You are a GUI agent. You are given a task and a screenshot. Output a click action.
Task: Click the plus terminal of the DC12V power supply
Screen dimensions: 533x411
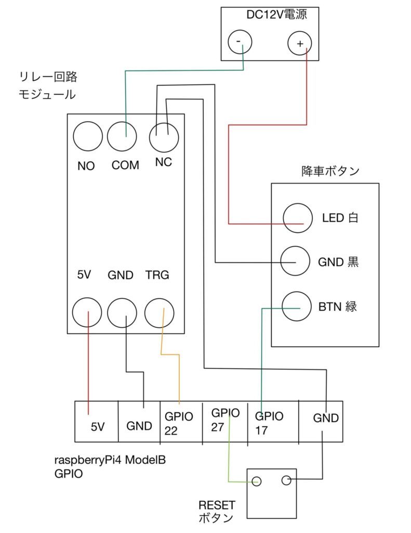click(x=300, y=44)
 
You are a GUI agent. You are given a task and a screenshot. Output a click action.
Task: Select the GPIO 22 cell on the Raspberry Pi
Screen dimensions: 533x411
click(x=180, y=423)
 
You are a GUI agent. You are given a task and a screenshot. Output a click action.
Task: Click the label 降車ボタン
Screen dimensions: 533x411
click(x=330, y=171)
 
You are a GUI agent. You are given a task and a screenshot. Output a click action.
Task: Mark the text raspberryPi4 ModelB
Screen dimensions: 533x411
click(x=113, y=460)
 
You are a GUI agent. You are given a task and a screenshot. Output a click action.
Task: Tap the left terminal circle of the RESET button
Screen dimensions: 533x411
click(x=256, y=481)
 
